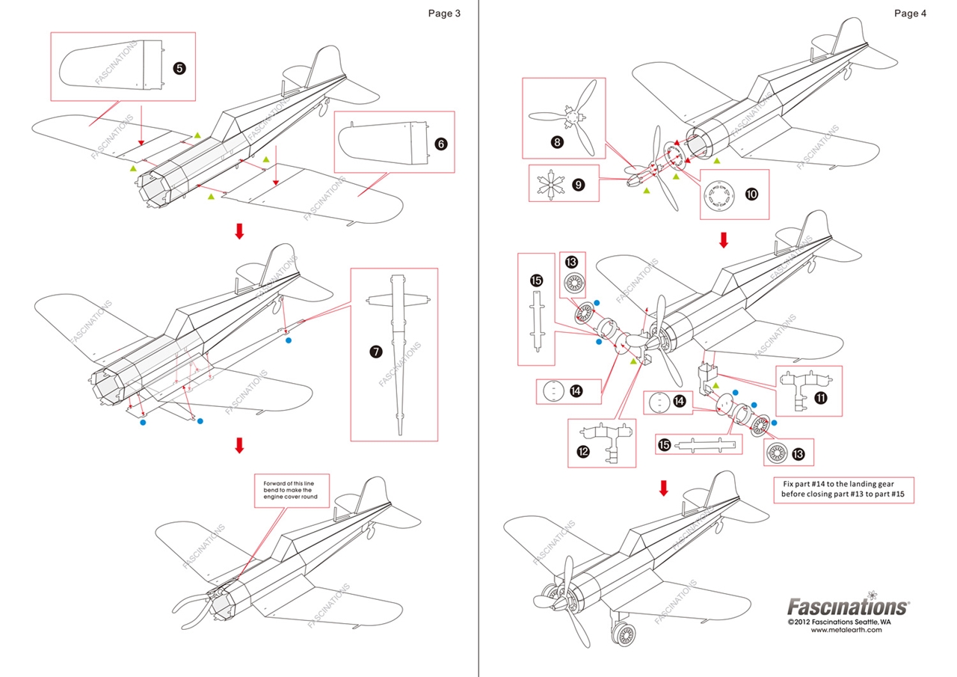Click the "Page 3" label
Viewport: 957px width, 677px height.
444,13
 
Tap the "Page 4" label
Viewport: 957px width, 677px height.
909,13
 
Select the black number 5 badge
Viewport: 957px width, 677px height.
179,68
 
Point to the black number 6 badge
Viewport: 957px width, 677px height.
441,144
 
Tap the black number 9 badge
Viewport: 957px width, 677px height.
578,183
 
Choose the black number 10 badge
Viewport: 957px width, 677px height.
751,194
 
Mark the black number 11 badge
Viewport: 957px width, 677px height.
821,398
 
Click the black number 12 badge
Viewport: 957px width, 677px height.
583,451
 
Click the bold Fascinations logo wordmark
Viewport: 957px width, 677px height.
848,606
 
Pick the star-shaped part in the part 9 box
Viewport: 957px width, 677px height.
551,183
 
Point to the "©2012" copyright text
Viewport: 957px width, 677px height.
801,622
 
